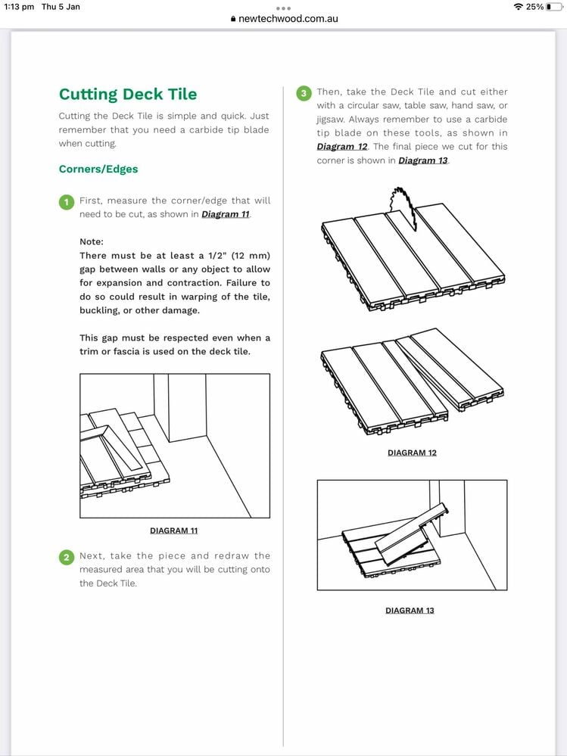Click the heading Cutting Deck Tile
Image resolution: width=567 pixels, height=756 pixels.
tap(128, 95)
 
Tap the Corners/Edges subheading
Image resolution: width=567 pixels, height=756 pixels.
tap(98, 169)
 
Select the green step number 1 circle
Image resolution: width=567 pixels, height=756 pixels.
tap(67, 202)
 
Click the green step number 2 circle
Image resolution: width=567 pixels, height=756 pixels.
tap(67, 557)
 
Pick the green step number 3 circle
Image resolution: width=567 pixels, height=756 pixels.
tap(304, 93)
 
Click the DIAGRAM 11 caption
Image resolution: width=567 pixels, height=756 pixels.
tap(174, 530)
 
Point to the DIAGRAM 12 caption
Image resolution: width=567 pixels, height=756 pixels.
tap(412, 453)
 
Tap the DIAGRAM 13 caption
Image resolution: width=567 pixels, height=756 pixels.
tap(410, 610)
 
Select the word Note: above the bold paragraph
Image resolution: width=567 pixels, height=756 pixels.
tap(92, 241)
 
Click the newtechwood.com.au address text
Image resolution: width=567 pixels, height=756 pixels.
tap(288, 19)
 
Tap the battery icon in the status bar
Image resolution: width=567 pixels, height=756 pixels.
tap(553, 7)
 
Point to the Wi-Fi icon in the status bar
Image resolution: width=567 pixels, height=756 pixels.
tap(518, 7)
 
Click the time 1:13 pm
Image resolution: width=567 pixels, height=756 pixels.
tap(19, 7)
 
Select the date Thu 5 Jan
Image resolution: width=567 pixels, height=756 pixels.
tap(61, 7)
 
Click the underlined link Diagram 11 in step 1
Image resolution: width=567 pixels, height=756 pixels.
tap(226, 214)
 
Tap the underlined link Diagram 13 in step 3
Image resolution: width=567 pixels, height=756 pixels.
tap(423, 160)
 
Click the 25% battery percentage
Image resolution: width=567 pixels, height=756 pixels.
tap(535, 7)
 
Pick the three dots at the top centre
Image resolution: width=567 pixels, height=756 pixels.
tap(283, 8)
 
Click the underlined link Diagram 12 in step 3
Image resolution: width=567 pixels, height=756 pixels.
tap(342, 146)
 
